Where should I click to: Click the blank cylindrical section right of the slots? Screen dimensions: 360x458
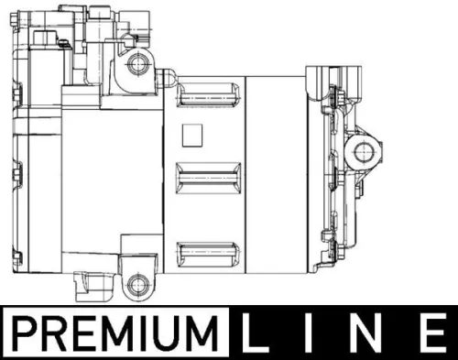[x=279, y=174]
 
